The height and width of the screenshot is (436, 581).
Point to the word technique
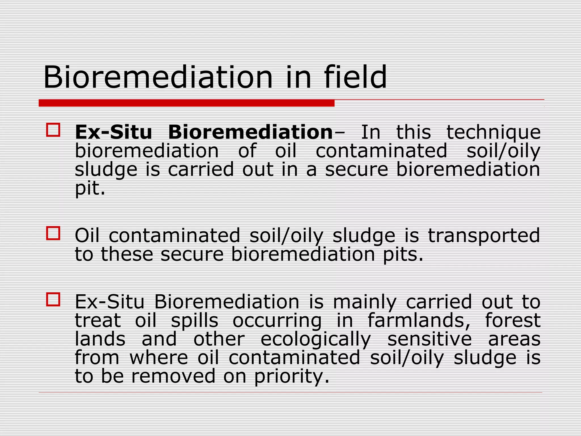(x=494, y=133)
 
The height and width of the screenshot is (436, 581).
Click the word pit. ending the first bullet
(x=90, y=188)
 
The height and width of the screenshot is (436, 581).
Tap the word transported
(x=484, y=236)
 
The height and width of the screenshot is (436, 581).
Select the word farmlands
(x=419, y=320)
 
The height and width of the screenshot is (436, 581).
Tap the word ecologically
(x=315, y=339)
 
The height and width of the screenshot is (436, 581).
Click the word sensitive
(x=430, y=339)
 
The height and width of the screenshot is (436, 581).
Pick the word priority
(x=291, y=377)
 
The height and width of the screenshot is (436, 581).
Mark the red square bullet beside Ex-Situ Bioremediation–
(x=53, y=130)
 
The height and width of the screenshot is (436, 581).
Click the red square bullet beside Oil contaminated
(x=53, y=233)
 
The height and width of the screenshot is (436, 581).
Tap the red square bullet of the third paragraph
(x=53, y=299)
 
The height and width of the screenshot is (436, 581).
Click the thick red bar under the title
(x=186, y=103)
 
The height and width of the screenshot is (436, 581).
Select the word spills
(x=195, y=321)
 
